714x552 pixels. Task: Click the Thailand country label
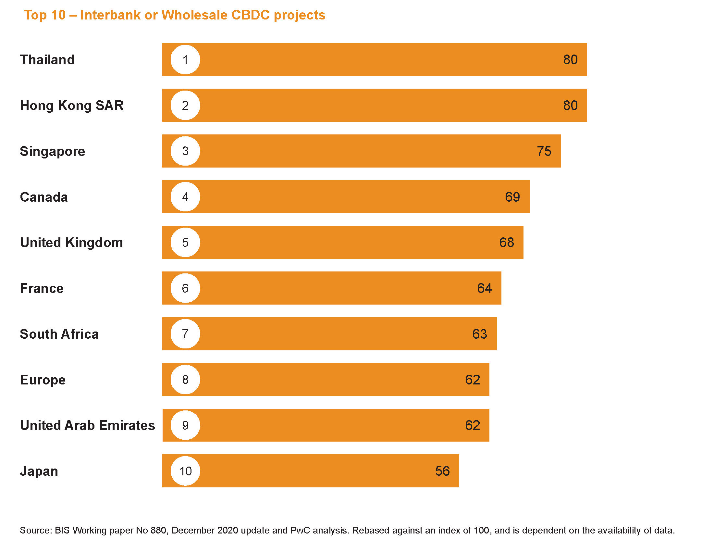point(47,60)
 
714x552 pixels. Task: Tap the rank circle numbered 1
point(185,60)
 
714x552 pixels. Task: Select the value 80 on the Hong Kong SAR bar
point(570,106)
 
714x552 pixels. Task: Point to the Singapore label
point(52,151)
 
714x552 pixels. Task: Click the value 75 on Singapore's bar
point(544,151)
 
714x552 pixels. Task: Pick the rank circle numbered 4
point(185,197)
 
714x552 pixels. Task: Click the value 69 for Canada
point(512,197)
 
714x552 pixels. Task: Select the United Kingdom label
point(71,243)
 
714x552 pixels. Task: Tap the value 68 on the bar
point(506,243)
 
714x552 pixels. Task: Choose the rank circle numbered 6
point(185,288)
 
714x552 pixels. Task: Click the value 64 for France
point(484,288)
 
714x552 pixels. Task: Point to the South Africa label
point(59,334)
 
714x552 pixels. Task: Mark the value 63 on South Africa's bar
point(480,334)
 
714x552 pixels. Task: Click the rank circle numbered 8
point(185,380)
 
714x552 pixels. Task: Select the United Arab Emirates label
point(87,425)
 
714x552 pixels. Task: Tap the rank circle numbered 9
point(185,425)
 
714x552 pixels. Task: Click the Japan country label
point(39,471)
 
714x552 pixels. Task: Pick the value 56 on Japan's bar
point(442,471)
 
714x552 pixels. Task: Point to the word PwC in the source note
point(300,530)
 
